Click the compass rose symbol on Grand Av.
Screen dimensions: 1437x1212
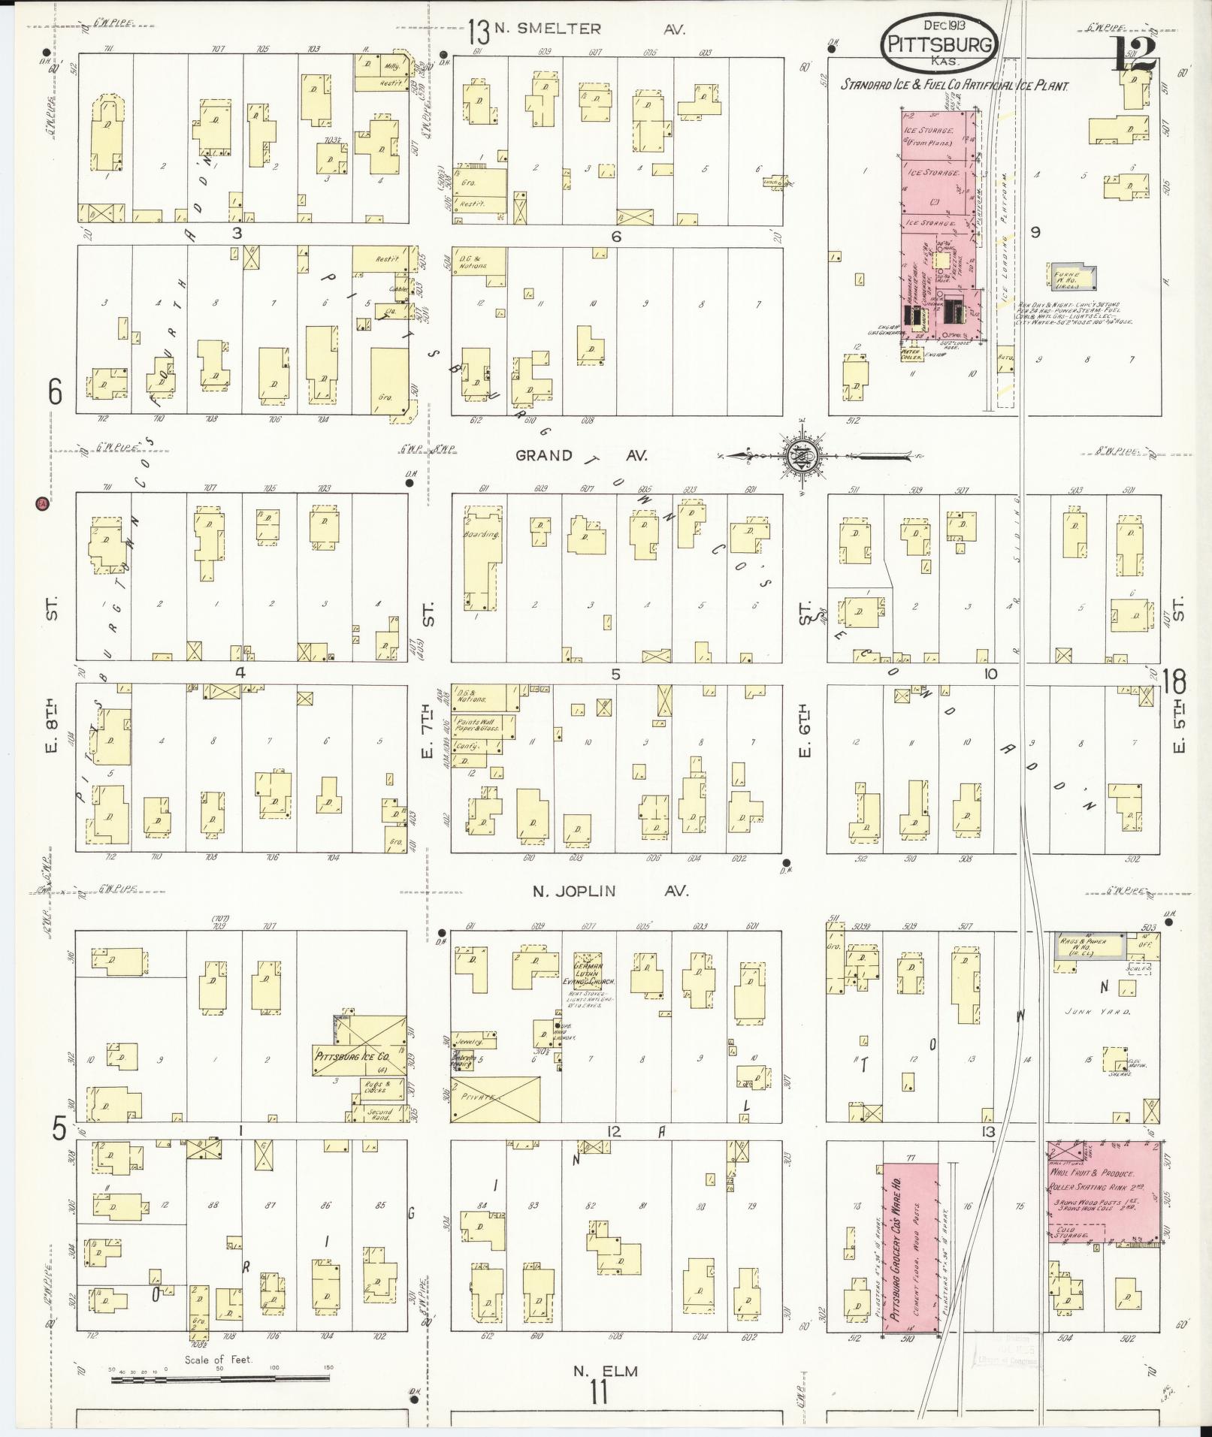[x=802, y=455]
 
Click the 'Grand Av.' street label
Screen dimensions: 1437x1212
[x=581, y=455]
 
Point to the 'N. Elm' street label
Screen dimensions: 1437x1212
[x=605, y=1372]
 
